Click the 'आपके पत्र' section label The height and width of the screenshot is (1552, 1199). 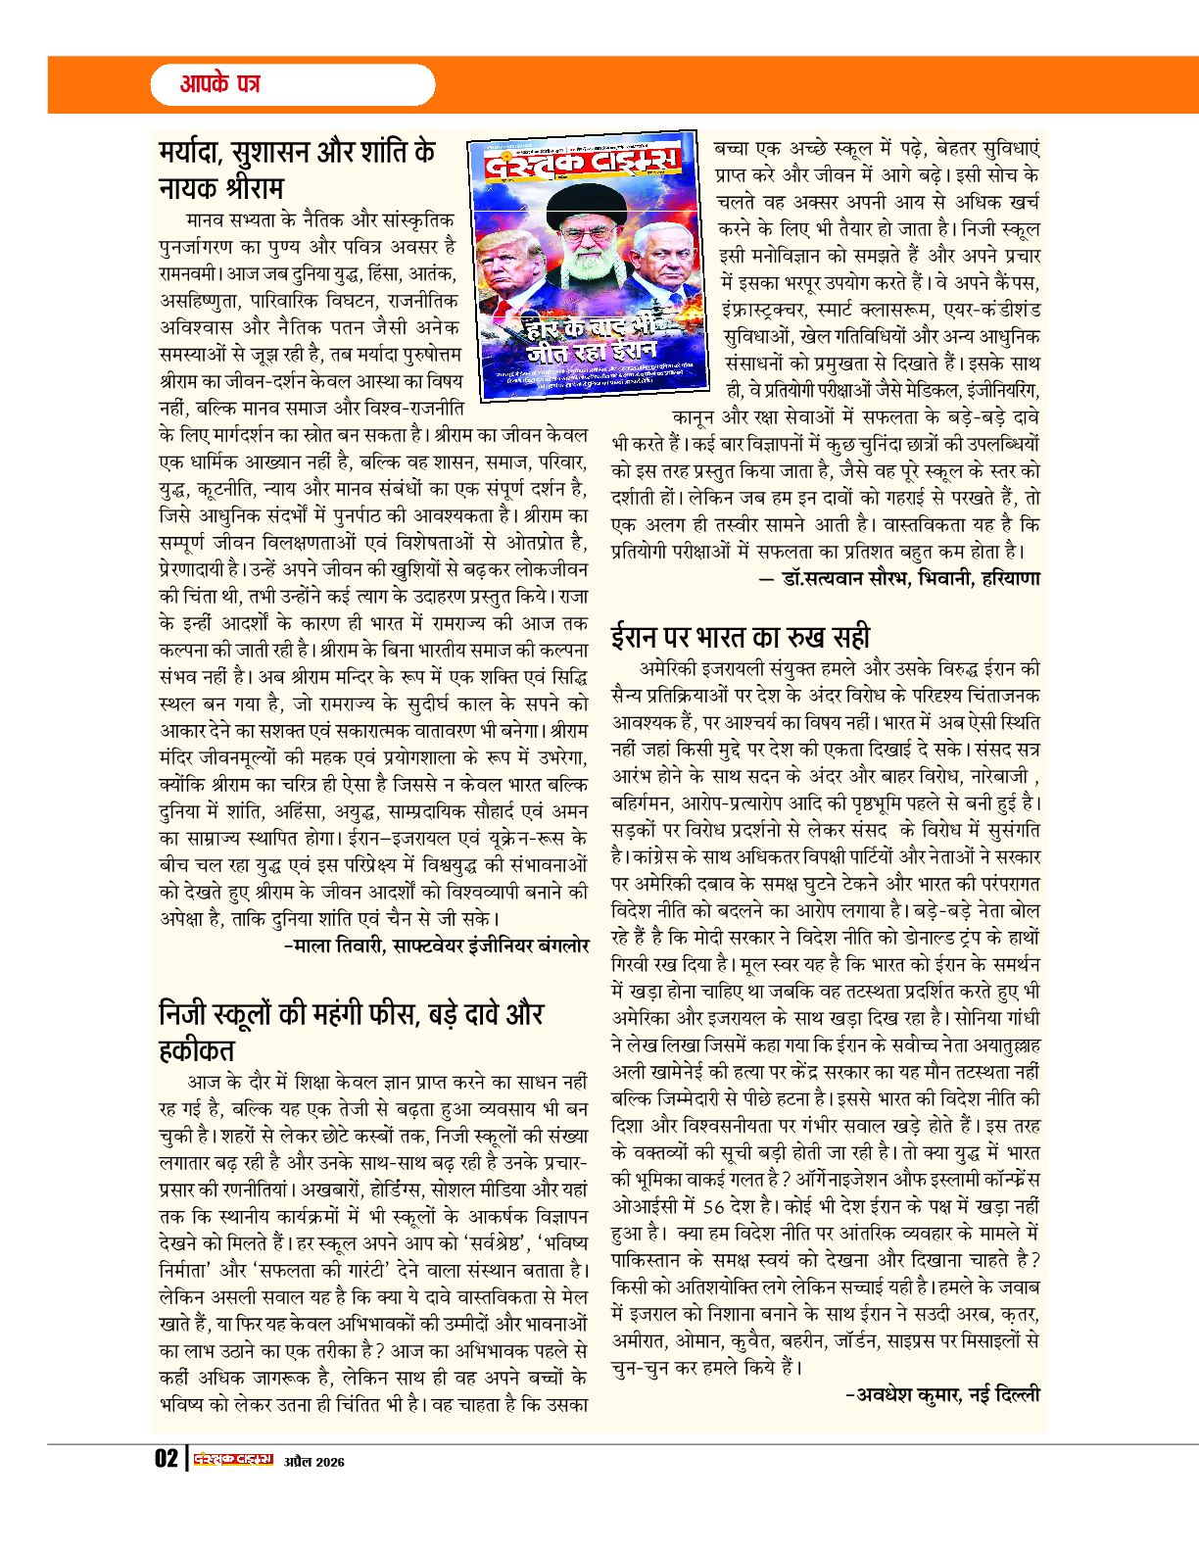coord(219,84)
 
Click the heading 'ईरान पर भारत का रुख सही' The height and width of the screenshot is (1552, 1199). coord(741,636)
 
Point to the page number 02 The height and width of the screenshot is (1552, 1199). coord(166,1460)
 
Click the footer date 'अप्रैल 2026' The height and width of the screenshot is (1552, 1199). coord(314,1462)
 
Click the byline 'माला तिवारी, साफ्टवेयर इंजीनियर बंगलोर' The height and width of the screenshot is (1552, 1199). coord(436,946)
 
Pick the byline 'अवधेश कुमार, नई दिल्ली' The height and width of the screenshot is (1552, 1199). coord(942,1394)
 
